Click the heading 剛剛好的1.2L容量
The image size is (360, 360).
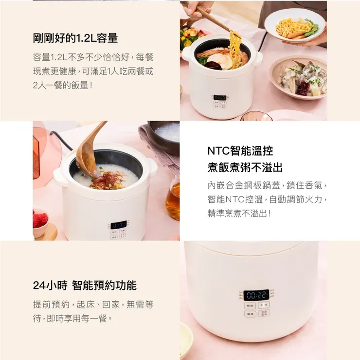75,38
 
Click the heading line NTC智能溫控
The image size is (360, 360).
240,151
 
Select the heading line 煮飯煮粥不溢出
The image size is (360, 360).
245,168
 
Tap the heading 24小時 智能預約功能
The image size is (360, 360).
85,286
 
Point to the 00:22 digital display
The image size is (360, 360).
256,294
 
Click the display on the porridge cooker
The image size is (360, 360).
118,225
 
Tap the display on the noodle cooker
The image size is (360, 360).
219,97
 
